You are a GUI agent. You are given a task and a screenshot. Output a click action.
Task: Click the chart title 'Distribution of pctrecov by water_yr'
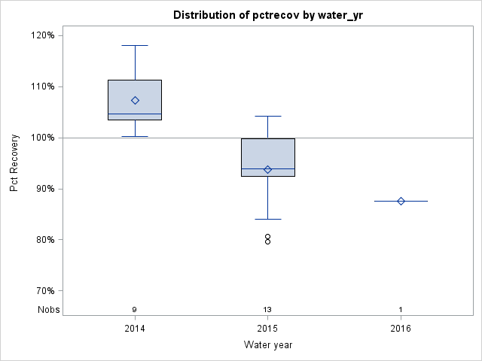coord(267,15)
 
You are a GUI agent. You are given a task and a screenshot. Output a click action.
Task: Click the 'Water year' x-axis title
coord(267,345)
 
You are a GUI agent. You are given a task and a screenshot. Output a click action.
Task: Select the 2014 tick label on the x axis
coord(135,329)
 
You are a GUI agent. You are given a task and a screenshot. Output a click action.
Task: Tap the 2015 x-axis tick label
coord(267,329)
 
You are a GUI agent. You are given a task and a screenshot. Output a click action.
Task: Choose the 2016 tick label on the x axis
coord(401,329)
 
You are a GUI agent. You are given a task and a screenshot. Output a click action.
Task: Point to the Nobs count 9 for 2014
coord(135,310)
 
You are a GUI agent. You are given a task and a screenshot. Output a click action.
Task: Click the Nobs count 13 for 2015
coord(267,310)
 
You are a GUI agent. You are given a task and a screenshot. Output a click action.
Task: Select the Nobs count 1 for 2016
coord(401,310)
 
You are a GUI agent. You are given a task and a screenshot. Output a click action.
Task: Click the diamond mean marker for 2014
coord(135,100)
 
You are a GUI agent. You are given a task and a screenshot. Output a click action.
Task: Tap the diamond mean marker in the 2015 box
coord(267,169)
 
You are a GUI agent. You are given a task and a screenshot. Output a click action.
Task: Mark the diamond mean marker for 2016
coord(401,201)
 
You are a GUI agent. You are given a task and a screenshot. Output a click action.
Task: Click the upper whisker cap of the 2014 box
coord(135,45)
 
